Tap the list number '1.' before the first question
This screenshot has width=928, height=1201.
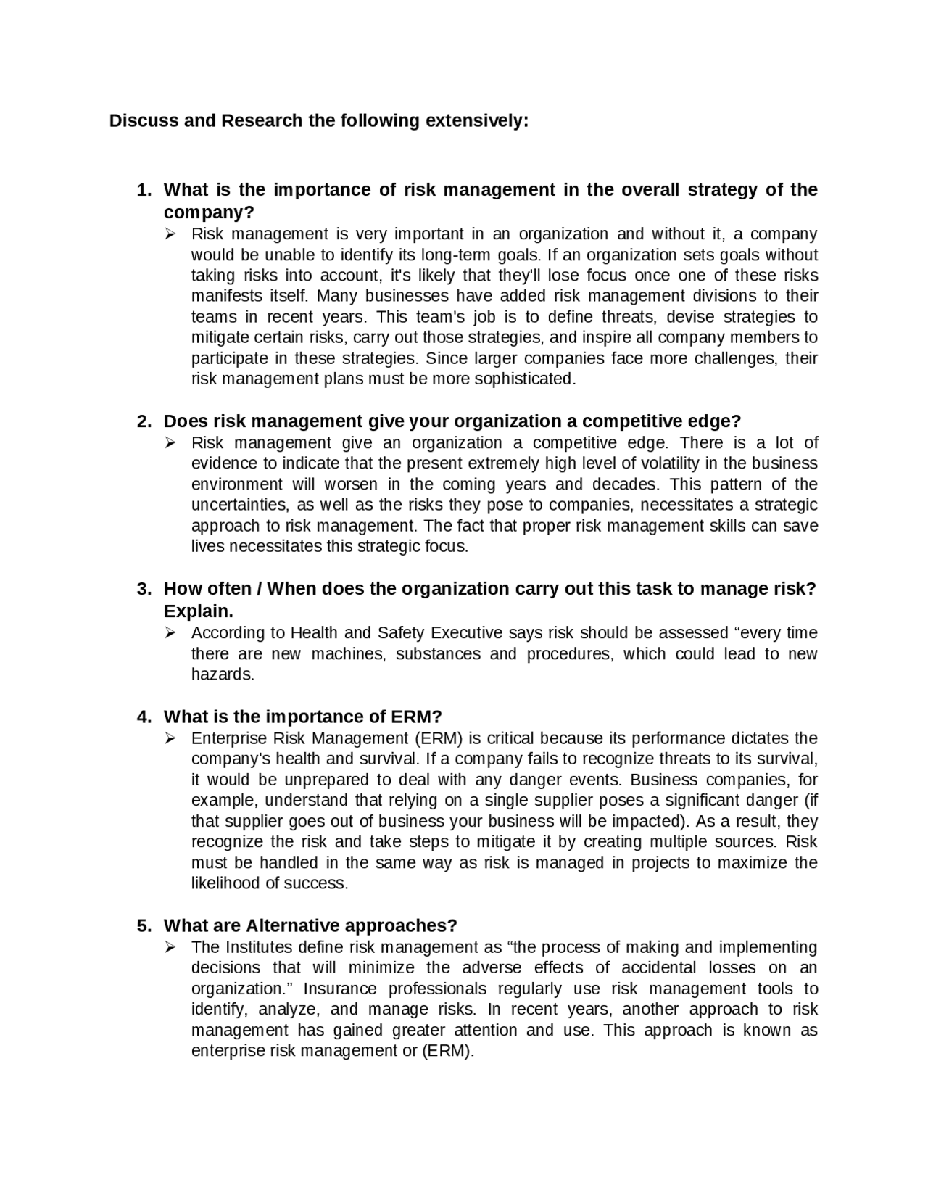click(144, 190)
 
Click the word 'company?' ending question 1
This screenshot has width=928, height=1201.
click(209, 212)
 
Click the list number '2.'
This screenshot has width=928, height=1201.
click(144, 421)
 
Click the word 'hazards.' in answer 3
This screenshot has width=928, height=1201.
click(223, 674)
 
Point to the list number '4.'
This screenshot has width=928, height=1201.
click(144, 717)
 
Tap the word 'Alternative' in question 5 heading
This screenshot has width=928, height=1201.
click(293, 926)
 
